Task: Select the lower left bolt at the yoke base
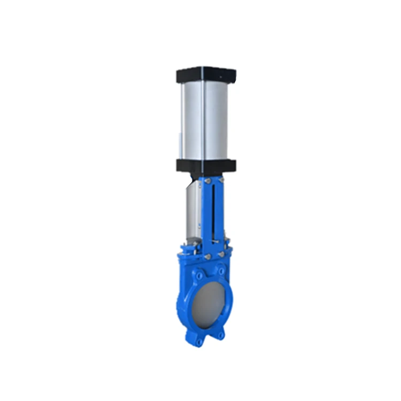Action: [206, 257]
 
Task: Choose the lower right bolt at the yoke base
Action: [221, 255]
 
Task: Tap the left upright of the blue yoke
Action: [206, 214]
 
